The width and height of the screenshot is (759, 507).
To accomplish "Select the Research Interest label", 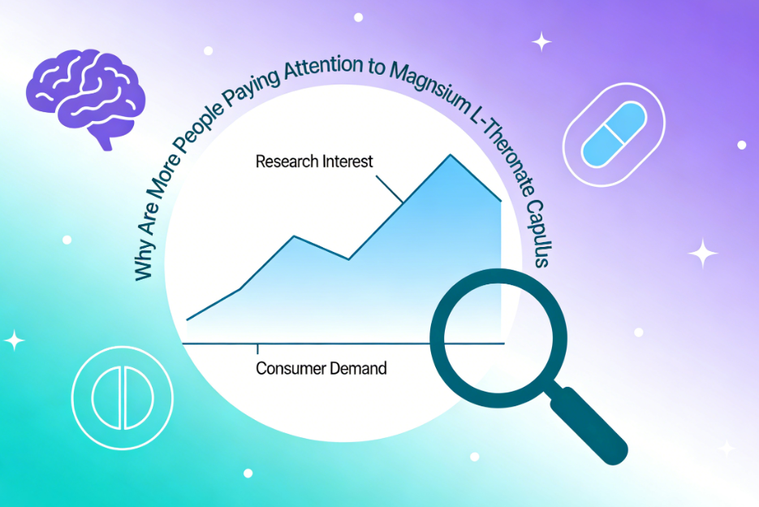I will pyautogui.click(x=314, y=161).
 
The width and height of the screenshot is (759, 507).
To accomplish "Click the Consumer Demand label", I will pyautogui.click(x=321, y=368).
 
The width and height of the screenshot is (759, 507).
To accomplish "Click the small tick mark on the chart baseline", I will pyautogui.click(x=258, y=349).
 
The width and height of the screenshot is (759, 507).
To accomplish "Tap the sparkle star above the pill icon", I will pyautogui.click(x=541, y=41).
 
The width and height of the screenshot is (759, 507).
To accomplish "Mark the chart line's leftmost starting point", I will pyautogui.click(x=187, y=320).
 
